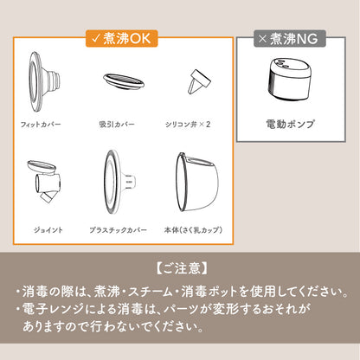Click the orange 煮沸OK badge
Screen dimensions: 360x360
(121, 38)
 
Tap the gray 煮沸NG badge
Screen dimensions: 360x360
(290, 38)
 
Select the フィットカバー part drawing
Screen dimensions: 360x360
(44, 81)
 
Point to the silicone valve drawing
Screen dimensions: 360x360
(199, 81)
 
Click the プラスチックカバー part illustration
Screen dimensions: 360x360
(119, 182)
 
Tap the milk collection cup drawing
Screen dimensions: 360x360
(197, 182)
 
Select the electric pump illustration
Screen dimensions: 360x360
(290, 79)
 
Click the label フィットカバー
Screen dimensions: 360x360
(41, 125)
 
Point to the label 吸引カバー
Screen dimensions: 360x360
(117, 125)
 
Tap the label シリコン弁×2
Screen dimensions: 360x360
(188, 125)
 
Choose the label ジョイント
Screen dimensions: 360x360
(48, 230)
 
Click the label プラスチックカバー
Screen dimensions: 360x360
(118, 230)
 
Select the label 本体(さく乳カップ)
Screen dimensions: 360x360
(193, 230)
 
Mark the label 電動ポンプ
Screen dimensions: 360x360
(290, 124)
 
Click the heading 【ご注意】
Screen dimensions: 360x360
(182, 268)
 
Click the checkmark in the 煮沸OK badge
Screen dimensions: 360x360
(96, 38)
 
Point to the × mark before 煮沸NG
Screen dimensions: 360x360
(262, 39)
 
